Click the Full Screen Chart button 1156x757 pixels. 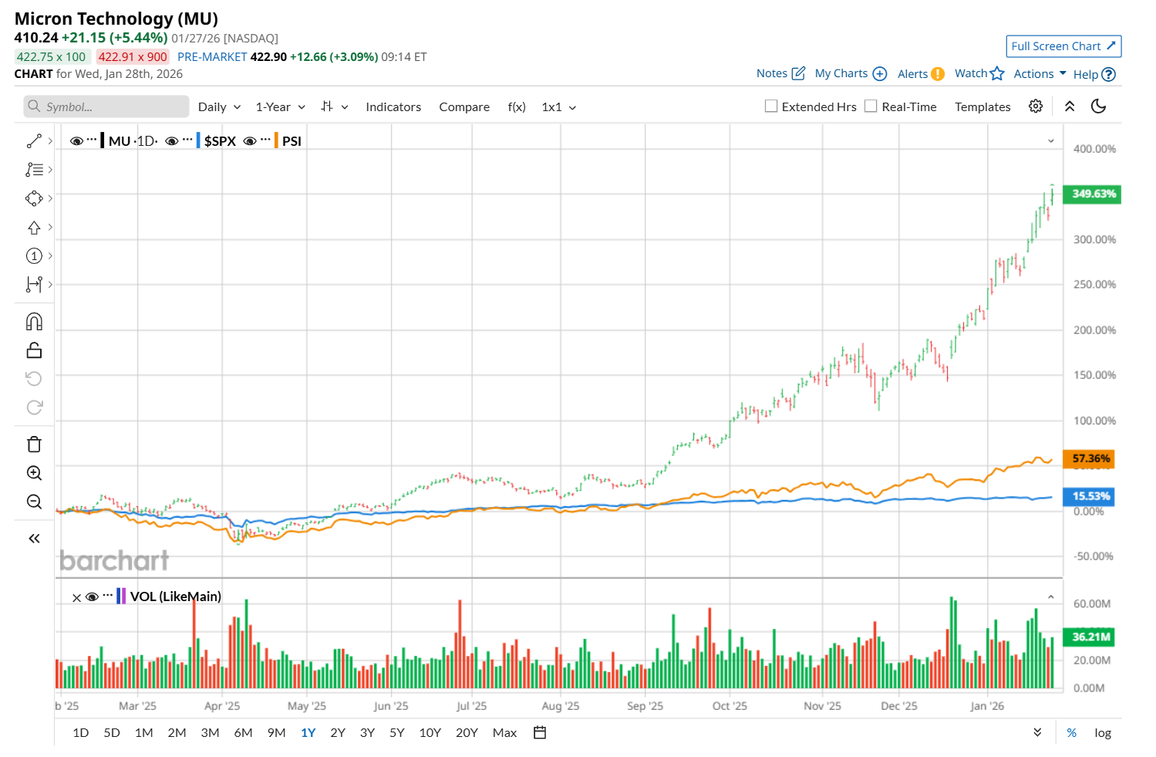click(x=1063, y=46)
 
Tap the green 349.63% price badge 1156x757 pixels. click(x=1092, y=194)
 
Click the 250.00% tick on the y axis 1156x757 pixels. click(x=1094, y=285)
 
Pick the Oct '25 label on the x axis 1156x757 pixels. click(x=730, y=706)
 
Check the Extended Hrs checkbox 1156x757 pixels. click(x=771, y=106)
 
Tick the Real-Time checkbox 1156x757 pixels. click(x=871, y=106)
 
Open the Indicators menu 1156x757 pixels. click(x=393, y=107)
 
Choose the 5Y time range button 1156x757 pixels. click(x=397, y=733)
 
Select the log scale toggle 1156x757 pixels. click(x=1103, y=733)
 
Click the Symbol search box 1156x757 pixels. click(x=106, y=106)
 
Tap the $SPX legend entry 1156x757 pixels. click(x=220, y=141)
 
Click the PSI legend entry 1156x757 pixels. click(x=292, y=141)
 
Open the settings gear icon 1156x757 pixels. click(x=1036, y=106)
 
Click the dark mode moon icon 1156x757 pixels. click(x=1099, y=106)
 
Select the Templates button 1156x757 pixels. click(x=982, y=107)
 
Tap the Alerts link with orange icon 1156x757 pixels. click(x=921, y=74)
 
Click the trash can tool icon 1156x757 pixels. click(x=34, y=444)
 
